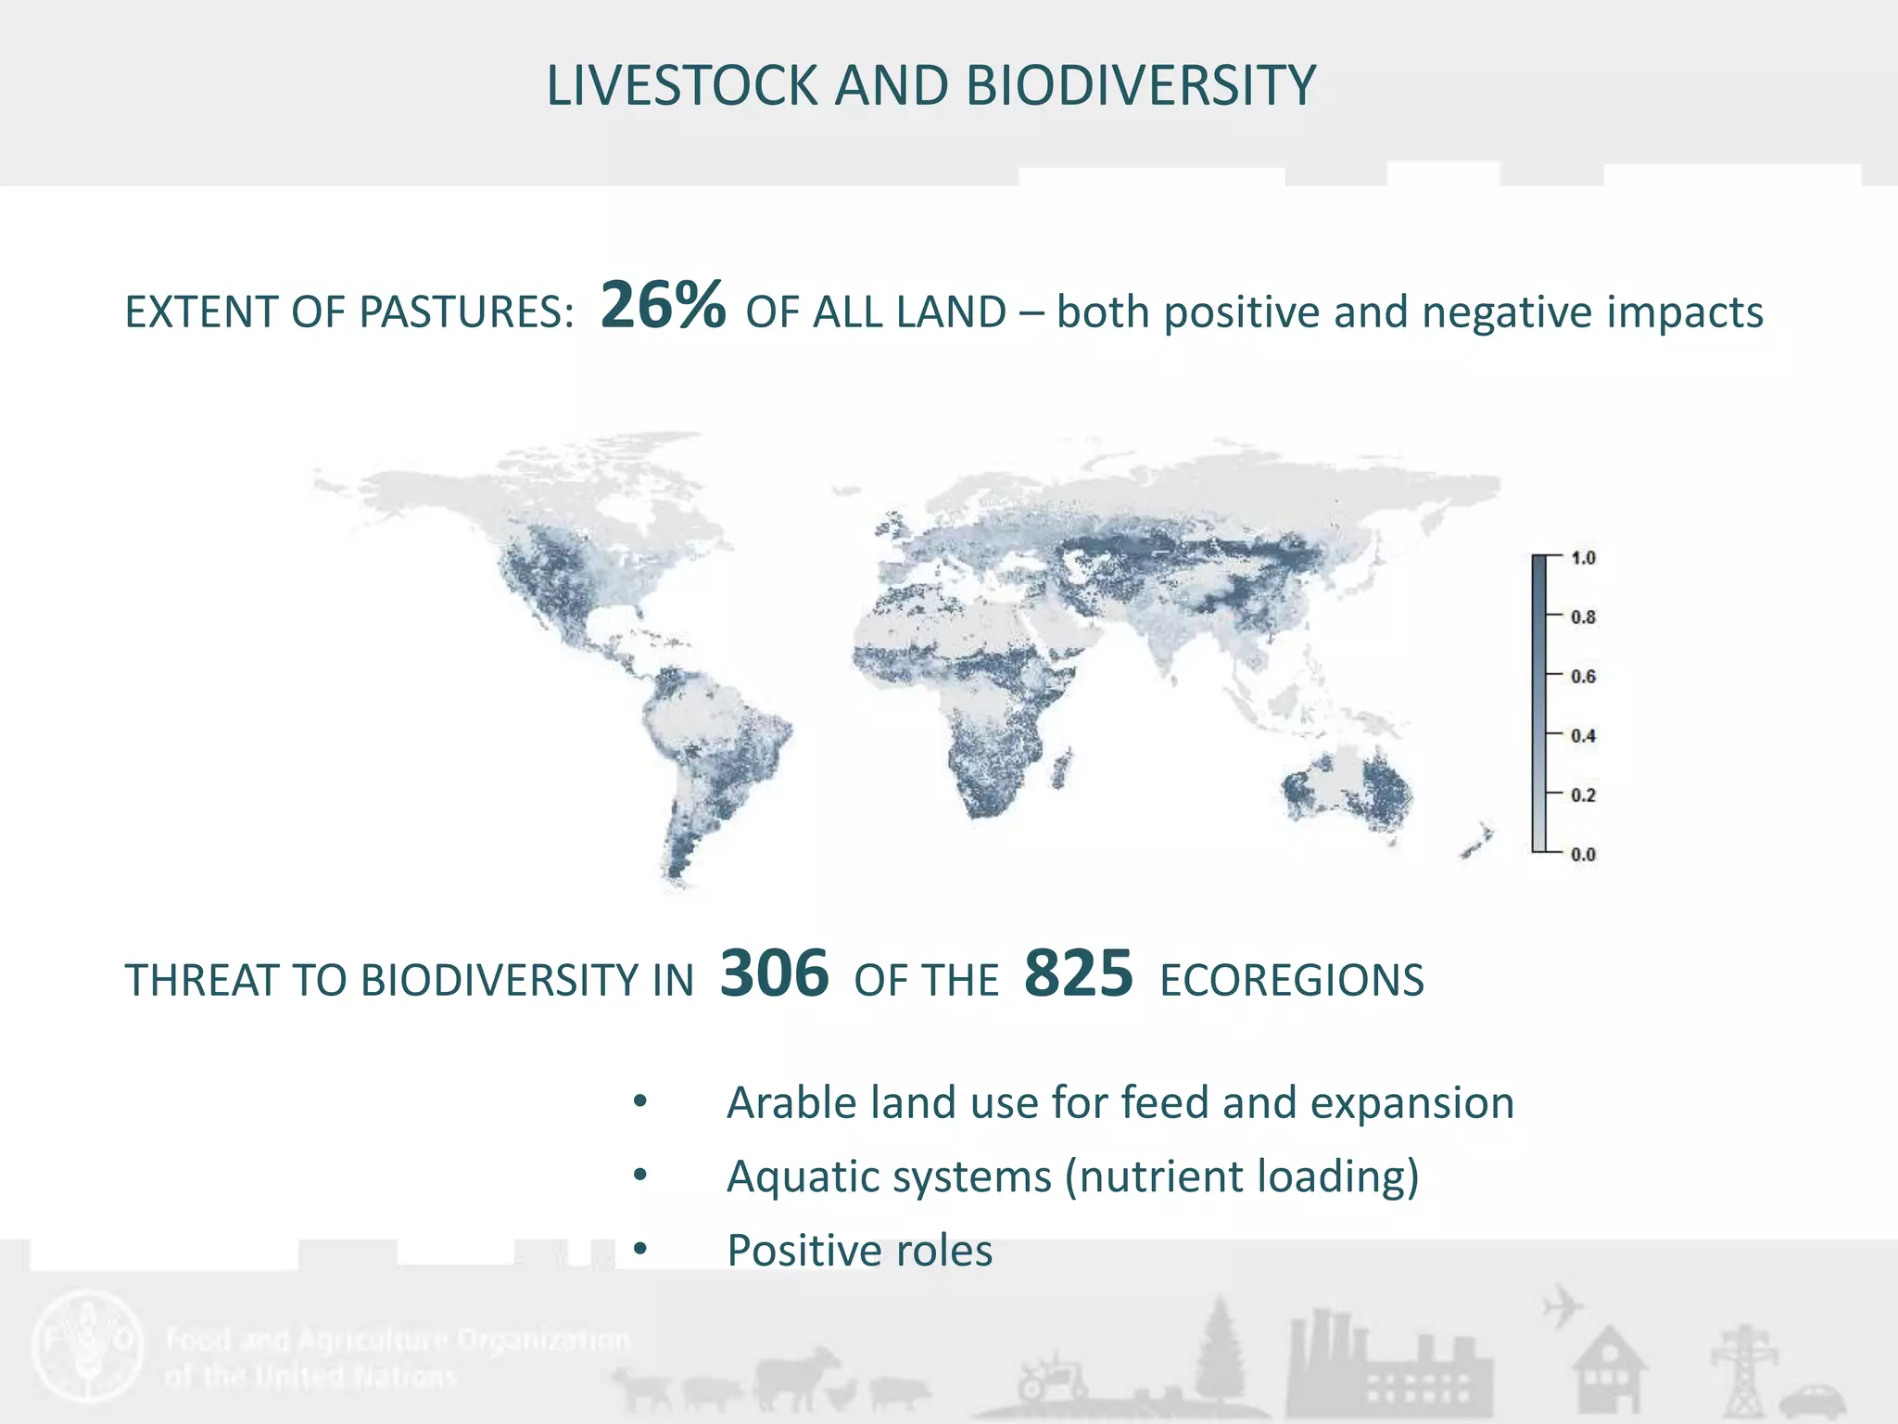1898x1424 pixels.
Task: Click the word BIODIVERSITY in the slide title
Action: tap(1140, 86)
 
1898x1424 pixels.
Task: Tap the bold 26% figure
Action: tap(663, 306)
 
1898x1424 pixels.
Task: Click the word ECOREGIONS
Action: tap(1291, 981)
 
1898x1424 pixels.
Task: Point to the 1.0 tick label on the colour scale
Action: tap(1583, 558)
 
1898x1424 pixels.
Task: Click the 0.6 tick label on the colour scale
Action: tap(1583, 677)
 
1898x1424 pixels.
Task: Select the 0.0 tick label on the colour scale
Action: tap(1583, 855)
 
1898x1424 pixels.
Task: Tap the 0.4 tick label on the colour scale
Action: tap(1583, 736)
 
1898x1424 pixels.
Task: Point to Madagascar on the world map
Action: tap(1063, 769)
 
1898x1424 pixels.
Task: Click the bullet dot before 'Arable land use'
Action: tap(639, 1102)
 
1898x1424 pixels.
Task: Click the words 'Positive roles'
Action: tap(859, 1251)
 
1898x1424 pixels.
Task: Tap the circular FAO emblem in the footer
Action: tap(88, 1345)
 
